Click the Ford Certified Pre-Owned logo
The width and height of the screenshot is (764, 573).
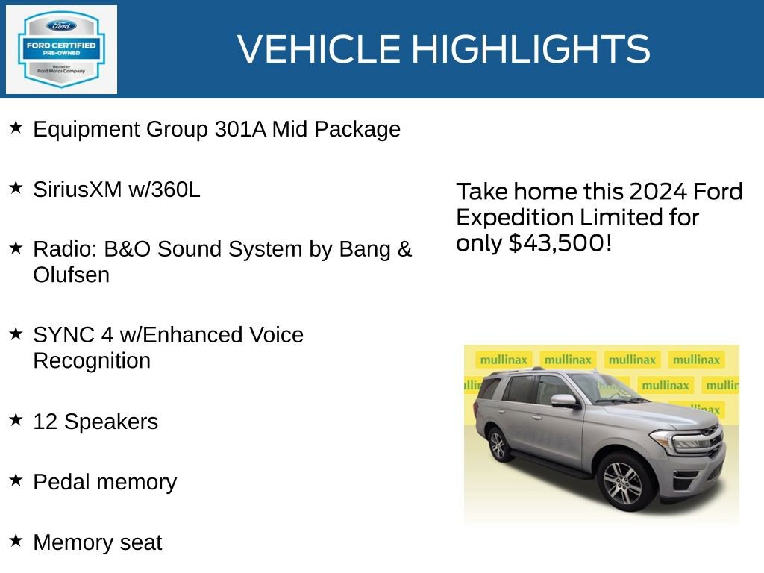pos(61,50)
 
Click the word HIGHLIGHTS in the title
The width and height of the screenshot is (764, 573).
pos(530,49)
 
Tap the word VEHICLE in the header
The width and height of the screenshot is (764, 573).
pos(319,49)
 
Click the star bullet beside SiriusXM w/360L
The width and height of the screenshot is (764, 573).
pos(16,187)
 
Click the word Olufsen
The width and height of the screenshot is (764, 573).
pos(71,275)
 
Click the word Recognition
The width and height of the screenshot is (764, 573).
pos(92,361)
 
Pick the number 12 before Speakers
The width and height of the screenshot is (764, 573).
pos(45,422)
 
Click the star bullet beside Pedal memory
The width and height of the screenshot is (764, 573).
pos(16,480)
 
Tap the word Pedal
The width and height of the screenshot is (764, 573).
pos(62,482)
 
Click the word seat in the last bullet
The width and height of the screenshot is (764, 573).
pos(141,542)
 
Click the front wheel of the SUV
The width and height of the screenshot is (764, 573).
pos(623,479)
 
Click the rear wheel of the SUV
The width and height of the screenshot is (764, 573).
pos(498,445)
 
